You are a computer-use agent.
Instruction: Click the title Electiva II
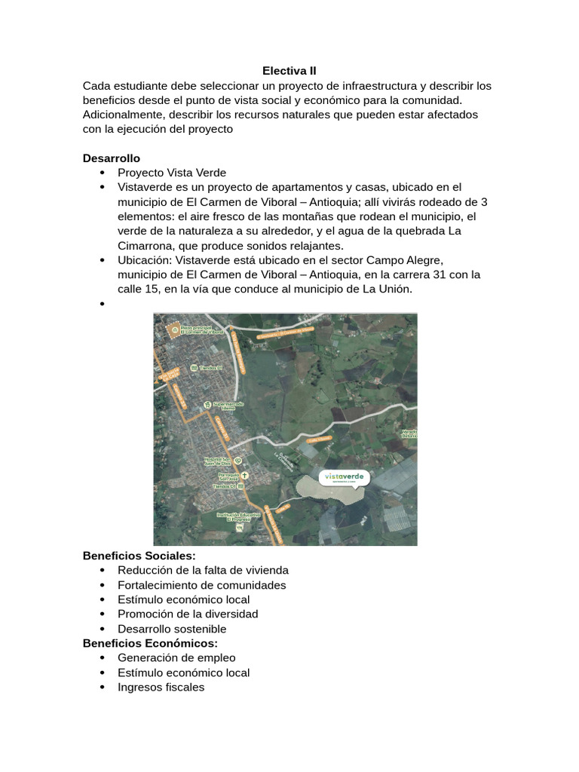point(289,71)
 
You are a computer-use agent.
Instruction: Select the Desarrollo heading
point(111,158)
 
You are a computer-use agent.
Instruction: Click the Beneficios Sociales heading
point(139,556)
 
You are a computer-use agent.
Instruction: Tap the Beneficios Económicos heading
point(150,643)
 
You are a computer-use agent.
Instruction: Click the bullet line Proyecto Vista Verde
point(171,173)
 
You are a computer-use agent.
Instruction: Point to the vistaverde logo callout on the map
point(345,477)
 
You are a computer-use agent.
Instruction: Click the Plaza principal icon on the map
point(175,330)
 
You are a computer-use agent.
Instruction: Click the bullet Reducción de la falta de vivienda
point(203,570)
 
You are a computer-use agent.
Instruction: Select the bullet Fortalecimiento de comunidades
point(201,585)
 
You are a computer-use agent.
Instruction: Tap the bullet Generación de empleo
point(176,657)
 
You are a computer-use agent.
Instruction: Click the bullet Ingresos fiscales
point(161,687)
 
